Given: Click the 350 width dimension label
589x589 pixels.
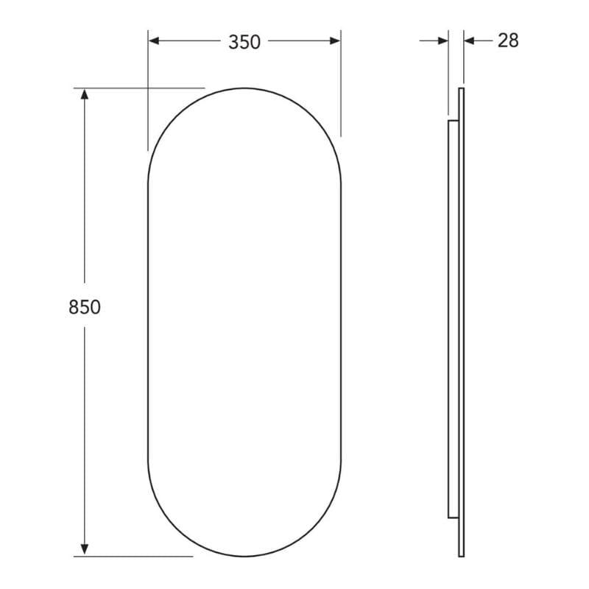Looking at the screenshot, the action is (x=244, y=42).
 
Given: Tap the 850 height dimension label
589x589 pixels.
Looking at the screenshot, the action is (x=85, y=307).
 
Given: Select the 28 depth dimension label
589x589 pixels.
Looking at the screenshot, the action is (x=508, y=40).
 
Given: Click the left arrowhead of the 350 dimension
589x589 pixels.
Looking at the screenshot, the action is (x=154, y=41).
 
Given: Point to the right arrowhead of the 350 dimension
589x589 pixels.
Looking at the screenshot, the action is (x=335, y=41).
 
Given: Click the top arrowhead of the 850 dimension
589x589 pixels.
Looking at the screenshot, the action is (x=85, y=94).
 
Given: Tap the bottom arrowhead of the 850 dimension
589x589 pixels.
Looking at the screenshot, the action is (x=85, y=550).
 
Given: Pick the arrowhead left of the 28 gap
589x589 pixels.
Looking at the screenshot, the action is (x=443, y=40).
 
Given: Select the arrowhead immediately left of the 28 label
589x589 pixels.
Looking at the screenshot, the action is (x=469, y=40).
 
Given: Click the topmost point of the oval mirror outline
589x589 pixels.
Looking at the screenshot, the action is (x=244, y=88).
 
